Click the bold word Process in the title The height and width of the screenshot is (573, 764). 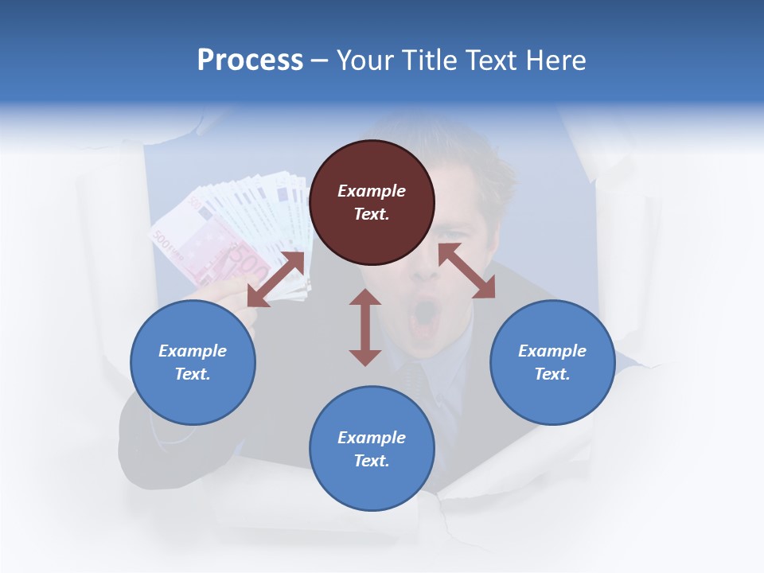pyautogui.click(x=250, y=60)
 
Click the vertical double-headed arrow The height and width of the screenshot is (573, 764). pyautogui.click(x=365, y=327)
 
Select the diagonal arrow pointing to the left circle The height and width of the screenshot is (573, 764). pyautogui.click(x=275, y=279)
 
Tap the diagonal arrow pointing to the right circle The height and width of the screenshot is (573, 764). pyautogui.click(x=466, y=271)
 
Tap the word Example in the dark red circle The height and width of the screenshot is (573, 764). pyautogui.click(x=372, y=191)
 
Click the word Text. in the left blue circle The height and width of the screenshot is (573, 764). pyautogui.click(x=193, y=374)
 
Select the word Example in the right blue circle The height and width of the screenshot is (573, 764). pyautogui.click(x=552, y=351)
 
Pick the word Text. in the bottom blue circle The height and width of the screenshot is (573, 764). pyautogui.click(x=372, y=461)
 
